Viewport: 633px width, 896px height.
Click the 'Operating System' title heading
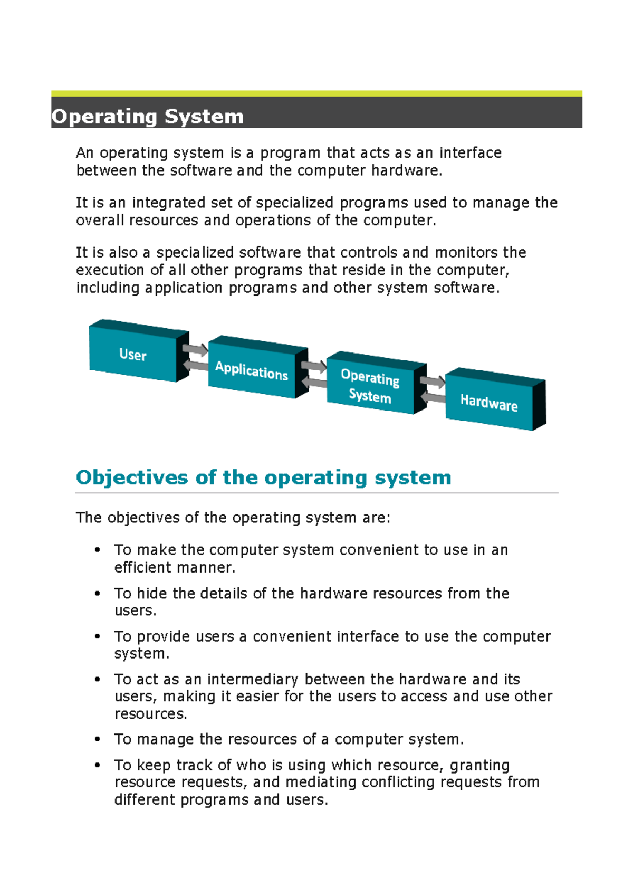pyautogui.click(x=148, y=117)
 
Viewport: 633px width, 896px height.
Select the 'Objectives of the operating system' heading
pyautogui.click(x=264, y=478)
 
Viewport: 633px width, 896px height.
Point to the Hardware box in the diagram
pyautogui.click(x=489, y=403)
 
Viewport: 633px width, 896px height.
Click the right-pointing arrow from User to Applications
pyautogui.click(x=195, y=349)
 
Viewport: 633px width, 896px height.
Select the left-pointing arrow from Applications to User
pyautogui.click(x=195, y=365)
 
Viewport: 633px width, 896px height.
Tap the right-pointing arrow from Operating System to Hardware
pyautogui.click(x=433, y=381)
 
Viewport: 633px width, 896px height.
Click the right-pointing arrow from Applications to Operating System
pyautogui.click(x=314, y=365)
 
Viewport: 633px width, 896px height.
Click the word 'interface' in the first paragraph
pyautogui.click(x=471, y=153)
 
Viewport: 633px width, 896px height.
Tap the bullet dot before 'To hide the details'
pyautogui.click(x=98, y=594)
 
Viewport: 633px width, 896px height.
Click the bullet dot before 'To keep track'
pyautogui.click(x=98, y=765)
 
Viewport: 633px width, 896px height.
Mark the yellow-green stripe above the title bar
pyautogui.click(x=316, y=93)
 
